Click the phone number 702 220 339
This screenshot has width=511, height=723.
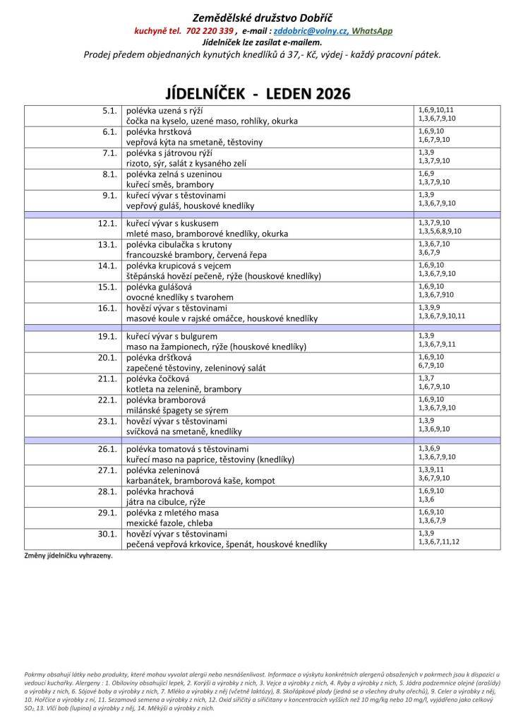pos(210,31)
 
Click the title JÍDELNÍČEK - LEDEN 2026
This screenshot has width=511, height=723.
pos(258,94)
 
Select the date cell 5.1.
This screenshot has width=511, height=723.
pos(108,111)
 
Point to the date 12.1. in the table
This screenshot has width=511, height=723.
pos(107,223)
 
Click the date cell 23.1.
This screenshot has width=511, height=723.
pos(107,421)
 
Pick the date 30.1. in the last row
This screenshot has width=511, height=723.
pos(107,534)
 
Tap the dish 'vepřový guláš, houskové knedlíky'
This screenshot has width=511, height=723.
pos(190,205)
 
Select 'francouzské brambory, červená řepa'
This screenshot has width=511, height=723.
pos(196,255)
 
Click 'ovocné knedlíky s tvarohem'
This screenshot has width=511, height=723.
pos(179,297)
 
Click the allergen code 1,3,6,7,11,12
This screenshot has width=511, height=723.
pos(438,542)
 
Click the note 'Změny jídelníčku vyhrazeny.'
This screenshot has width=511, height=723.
pos(68,556)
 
